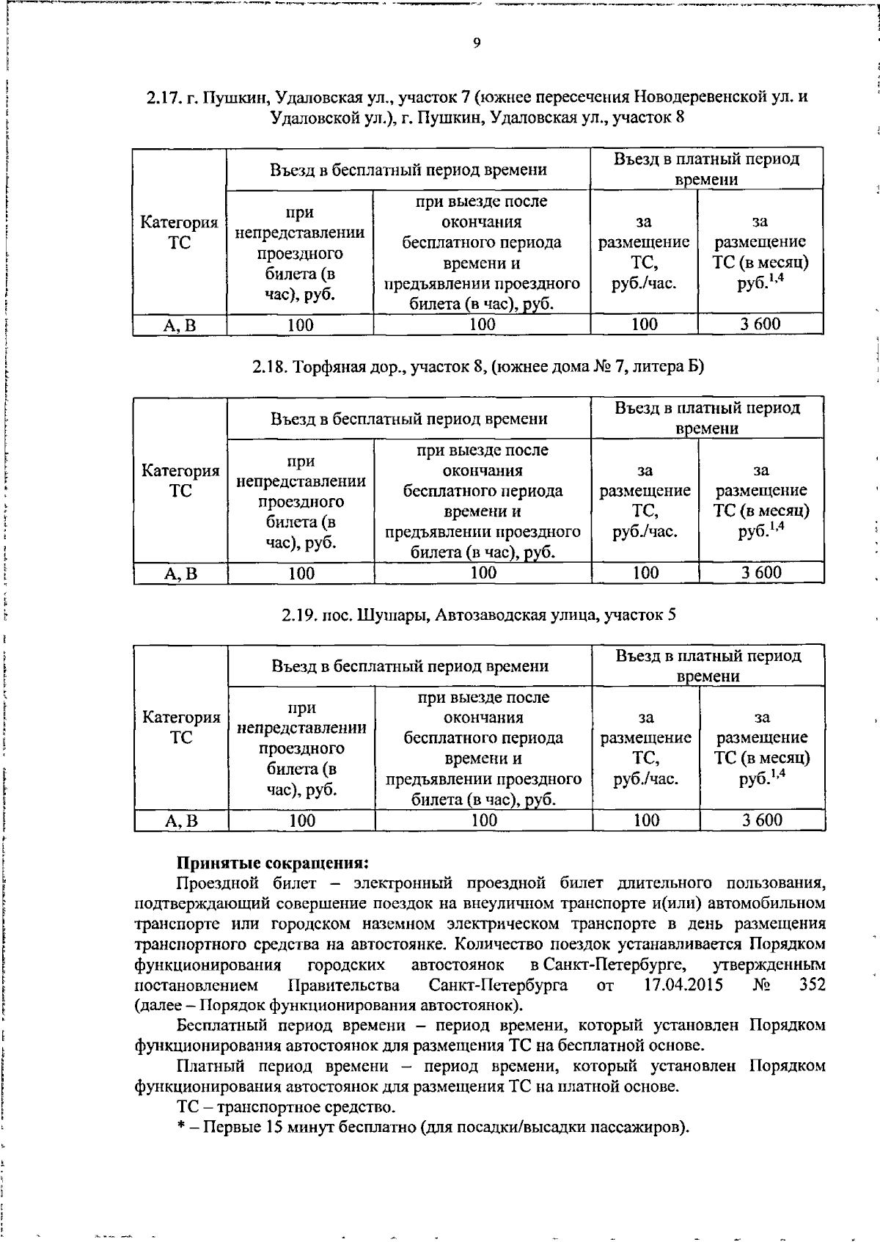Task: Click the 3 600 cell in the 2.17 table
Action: [760, 324]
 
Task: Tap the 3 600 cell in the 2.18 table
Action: [760, 573]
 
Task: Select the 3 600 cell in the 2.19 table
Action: [762, 820]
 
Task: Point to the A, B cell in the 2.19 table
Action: [181, 821]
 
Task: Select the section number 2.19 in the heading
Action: [298, 615]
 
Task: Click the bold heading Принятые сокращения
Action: [272, 863]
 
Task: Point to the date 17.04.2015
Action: [683, 985]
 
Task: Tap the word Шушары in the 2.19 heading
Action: [392, 615]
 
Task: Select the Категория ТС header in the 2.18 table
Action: [180, 481]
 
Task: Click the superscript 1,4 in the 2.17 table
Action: [776, 278]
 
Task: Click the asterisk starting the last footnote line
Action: [180, 1126]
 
